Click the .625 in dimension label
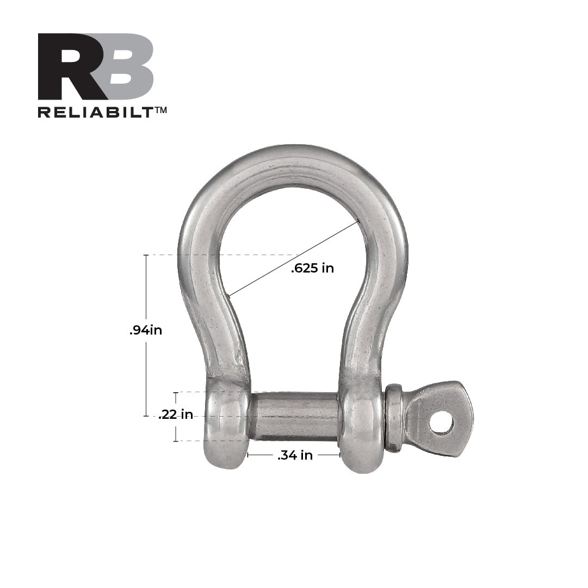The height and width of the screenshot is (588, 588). coord(312,268)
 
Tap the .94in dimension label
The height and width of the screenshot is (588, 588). coord(145,330)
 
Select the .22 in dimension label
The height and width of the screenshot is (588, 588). coord(175,415)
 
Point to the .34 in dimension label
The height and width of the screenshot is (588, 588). coord(295,456)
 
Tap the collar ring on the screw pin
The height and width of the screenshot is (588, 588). coord(394,418)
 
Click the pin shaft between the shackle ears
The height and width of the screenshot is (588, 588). coord(294,416)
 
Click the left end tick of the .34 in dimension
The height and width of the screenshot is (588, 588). coord(248,455)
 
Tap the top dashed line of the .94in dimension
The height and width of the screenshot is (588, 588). coord(218,255)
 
